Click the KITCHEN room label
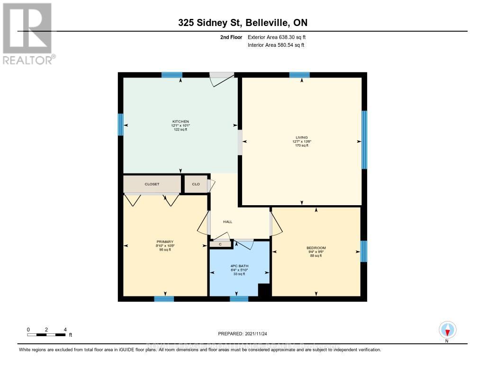pos(180,122)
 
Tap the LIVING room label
pos(301,138)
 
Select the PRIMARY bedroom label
pos(165,242)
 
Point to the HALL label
pos(228,222)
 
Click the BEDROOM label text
pos(316,248)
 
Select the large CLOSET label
pos(152,184)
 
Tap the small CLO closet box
pos(196,184)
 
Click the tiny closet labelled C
pos(220,244)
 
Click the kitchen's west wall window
pos(120,125)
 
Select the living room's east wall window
pos(364,139)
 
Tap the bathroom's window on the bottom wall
pos(239,299)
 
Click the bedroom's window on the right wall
pos(364,251)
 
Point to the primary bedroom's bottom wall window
pos(164,299)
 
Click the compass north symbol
pos(447,330)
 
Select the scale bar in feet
pos(46,334)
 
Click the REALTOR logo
pos(28,34)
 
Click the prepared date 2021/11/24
pos(242,333)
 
